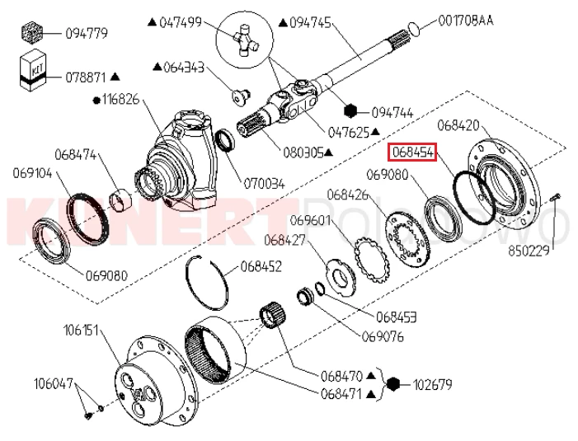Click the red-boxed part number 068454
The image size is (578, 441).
(x=413, y=152)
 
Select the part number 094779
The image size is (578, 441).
(x=87, y=34)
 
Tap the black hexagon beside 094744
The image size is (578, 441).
(x=353, y=110)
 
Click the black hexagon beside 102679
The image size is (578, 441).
(x=394, y=383)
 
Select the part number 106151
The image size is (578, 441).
(x=82, y=331)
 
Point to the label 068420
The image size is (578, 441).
(x=458, y=125)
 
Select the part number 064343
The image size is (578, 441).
(x=184, y=65)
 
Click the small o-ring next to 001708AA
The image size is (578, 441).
(x=417, y=30)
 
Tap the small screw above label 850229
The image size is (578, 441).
(x=557, y=196)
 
